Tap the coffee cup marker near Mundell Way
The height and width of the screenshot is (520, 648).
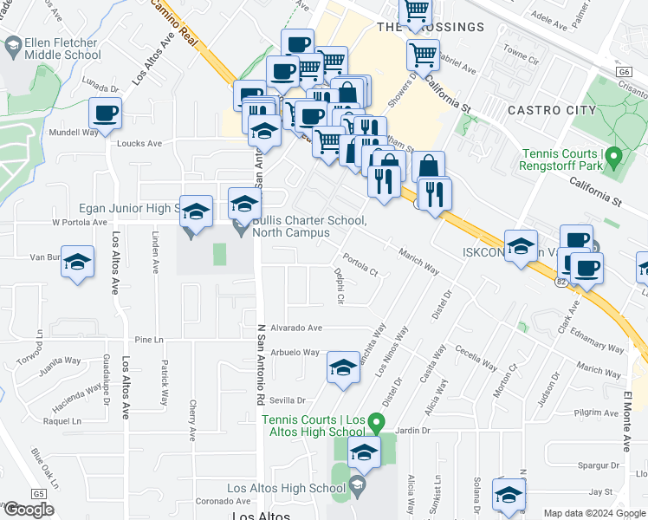105,113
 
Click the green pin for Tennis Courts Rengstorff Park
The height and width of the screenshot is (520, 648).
614,159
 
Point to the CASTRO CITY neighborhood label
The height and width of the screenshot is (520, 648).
552,110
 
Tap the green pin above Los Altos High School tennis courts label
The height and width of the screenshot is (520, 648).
376,423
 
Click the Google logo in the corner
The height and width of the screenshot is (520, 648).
29,510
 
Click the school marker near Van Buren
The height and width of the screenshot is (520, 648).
78,263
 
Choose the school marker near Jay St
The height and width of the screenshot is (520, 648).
509,494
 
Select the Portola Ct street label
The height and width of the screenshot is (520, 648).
360,263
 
